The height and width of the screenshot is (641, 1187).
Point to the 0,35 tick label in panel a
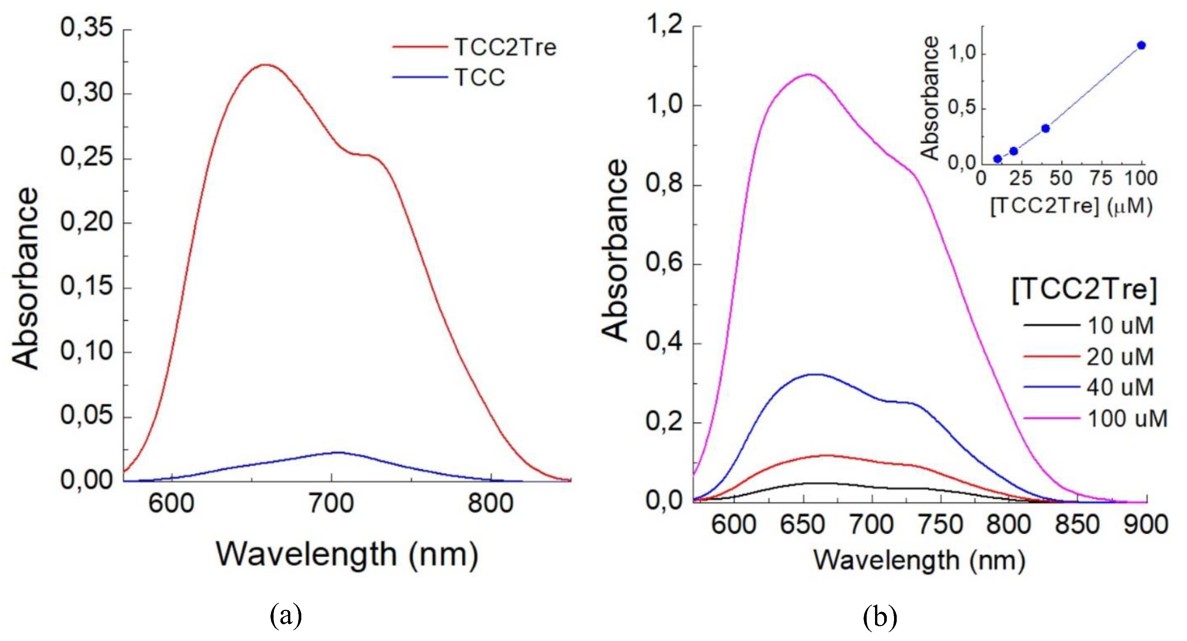pyautogui.click(x=86, y=28)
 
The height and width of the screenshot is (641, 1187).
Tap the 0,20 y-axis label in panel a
pyautogui.click(x=86, y=222)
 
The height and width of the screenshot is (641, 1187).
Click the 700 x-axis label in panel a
pyautogui.click(x=331, y=504)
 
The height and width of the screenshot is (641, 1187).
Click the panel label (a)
pyautogui.click(x=286, y=615)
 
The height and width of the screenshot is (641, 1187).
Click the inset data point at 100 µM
pyautogui.click(x=1141, y=45)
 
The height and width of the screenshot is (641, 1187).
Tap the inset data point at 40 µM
pyautogui.click(x=1045, y=128)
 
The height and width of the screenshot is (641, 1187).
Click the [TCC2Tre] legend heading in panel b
pyautogui.click(x=1084, y=290)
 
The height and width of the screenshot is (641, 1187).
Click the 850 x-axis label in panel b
pyautogui.click(x=1077, y=525)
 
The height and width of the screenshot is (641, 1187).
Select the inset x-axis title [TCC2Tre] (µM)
pyautogui.click(x=1071, y=206)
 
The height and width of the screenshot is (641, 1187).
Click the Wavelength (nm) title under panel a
pyautogui.click(x=347, y=554)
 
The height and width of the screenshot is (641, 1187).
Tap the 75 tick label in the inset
pyautogui.click(x=1101, y=178)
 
